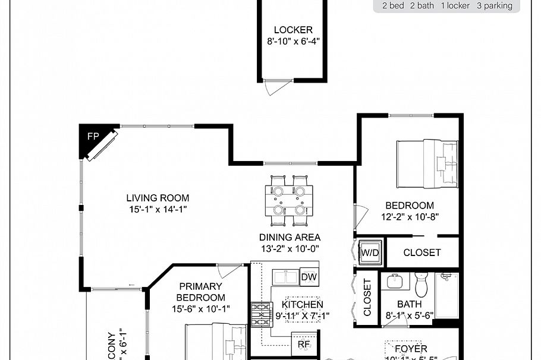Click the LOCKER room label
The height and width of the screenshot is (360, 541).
tap(292, 30)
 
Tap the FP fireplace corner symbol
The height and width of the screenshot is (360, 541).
tap(93, 137)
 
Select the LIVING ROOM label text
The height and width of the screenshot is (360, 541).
tap(158, 198)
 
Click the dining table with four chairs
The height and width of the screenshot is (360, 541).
tap(288, 200)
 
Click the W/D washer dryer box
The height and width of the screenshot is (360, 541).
tap(370, 252)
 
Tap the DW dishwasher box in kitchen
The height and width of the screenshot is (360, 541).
tap(309, 276)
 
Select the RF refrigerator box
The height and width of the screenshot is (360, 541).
tap(304, 344)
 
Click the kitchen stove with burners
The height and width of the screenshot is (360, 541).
tap(260, 315)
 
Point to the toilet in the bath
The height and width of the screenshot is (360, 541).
tap(422, 285)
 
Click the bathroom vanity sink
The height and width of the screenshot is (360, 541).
tap(393, 281)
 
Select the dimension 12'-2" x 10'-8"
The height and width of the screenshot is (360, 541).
tap(410, 217)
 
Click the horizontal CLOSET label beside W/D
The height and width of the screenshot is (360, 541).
tap(422, 252)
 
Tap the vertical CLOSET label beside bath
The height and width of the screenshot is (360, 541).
tap(367, 298)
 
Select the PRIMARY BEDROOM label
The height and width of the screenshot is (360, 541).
tap(201, 292)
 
